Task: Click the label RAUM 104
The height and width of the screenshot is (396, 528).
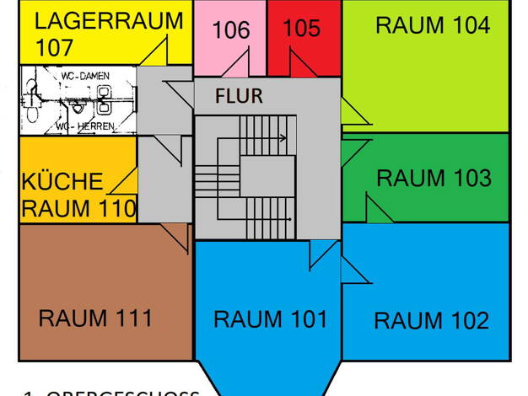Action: tap(432, 25)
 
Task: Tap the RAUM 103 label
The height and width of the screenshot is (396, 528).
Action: tap(433, 179)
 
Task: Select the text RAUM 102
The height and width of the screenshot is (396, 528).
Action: tap(431, 321)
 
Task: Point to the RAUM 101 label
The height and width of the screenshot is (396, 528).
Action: tap(269, 319)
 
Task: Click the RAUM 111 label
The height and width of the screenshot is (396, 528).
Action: tap(95, 318)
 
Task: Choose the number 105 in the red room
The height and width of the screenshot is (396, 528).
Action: tap(302, 29)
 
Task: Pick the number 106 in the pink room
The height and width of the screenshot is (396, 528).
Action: tap(230, 31)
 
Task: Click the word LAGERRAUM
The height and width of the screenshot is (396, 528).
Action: tap(110, 20)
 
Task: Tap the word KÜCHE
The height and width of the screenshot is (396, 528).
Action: tap(62, 182)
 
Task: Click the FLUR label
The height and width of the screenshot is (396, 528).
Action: tap(239, 95)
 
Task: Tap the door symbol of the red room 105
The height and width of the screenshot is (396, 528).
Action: tap(302, 64)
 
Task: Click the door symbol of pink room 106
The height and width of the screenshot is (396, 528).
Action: tap(237, 64)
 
